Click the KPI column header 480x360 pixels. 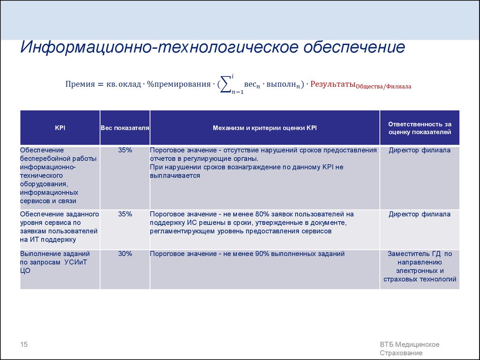pos(60,127)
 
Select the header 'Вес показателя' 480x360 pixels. pos(125,127)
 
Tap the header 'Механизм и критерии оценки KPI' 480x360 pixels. pos(265,127)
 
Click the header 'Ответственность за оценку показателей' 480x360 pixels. pos(420,128)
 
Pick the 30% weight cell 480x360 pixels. pos(125,254)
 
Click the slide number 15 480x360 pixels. pos(24,345)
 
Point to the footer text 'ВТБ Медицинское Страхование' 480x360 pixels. pos(409,349)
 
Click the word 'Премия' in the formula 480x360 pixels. pos(80,84)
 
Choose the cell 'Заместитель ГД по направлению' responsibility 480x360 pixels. pos(420,266)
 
